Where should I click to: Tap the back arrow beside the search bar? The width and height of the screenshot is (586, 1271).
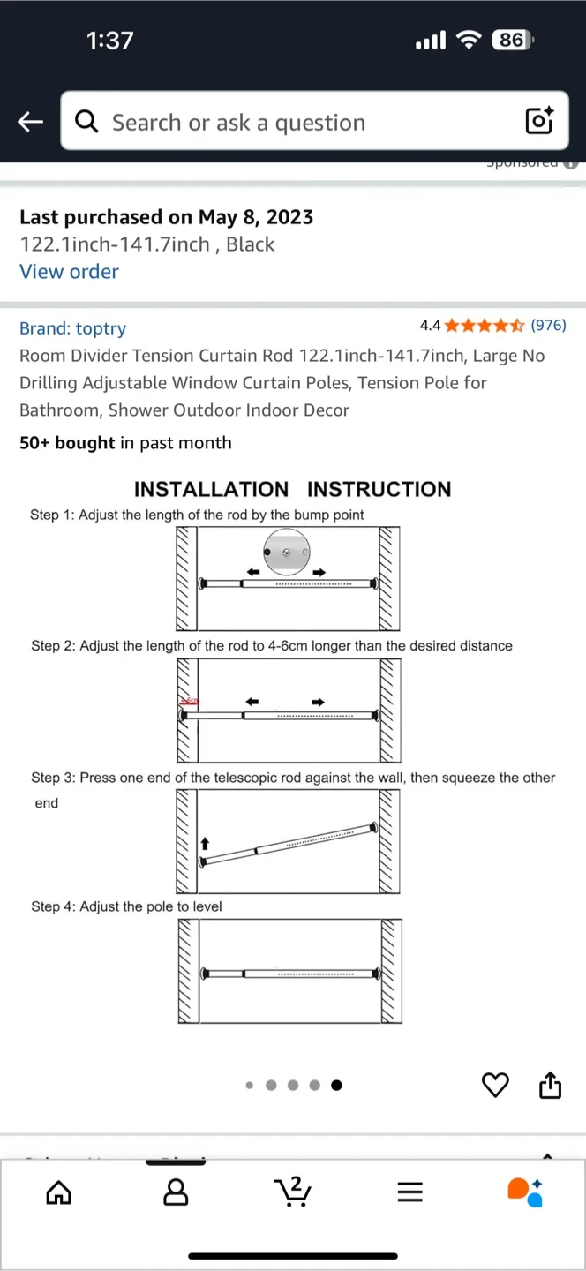tap(31, 122)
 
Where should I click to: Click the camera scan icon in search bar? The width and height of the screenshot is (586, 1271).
tap(539, 121)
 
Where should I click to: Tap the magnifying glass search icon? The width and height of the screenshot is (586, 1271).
tap(86, 122)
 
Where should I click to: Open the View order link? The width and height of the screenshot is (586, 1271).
tap(69, 272)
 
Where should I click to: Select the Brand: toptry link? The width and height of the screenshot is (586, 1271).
tap(72, 328)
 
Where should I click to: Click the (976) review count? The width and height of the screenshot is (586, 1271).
tap(548, 326)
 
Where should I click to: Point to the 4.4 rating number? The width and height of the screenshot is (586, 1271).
tap(430, 326)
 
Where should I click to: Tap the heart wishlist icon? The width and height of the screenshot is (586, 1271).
tap(495, 1085)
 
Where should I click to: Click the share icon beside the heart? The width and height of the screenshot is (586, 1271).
tap(550, 1085)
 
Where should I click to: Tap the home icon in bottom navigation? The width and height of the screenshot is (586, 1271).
tap(58, 1192)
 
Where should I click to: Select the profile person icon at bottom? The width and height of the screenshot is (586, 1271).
tap(176, 1192)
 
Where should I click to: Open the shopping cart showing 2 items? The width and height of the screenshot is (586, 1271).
tap(293, 1192)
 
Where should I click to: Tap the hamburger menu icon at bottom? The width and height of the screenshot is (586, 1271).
tap(409, 1192)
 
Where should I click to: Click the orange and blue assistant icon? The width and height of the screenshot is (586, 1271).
tap(525, 1192)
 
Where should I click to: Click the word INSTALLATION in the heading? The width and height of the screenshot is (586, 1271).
tap(211, 489)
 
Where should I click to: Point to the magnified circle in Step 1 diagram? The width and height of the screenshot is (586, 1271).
tap(287, 553)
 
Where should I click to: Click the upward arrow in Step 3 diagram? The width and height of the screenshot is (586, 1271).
tap(206, 845)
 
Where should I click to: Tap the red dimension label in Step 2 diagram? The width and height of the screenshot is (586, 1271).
tap(190, 701)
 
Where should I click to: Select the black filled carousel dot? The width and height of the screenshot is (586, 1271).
tap(336, 1086)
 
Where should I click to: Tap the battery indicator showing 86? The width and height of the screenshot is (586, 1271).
tap(512, 40)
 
